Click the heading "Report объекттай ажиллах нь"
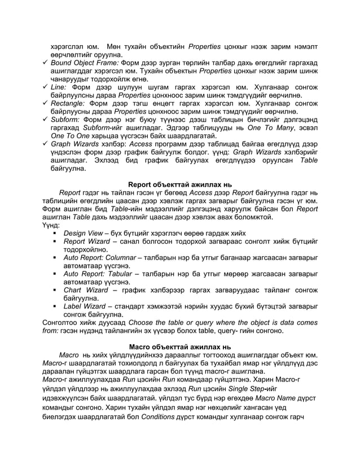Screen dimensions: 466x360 (x=179, y=183)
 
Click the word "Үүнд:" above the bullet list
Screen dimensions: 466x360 (x=51, y=225)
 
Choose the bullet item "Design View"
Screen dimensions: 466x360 (x=82, y=233)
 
